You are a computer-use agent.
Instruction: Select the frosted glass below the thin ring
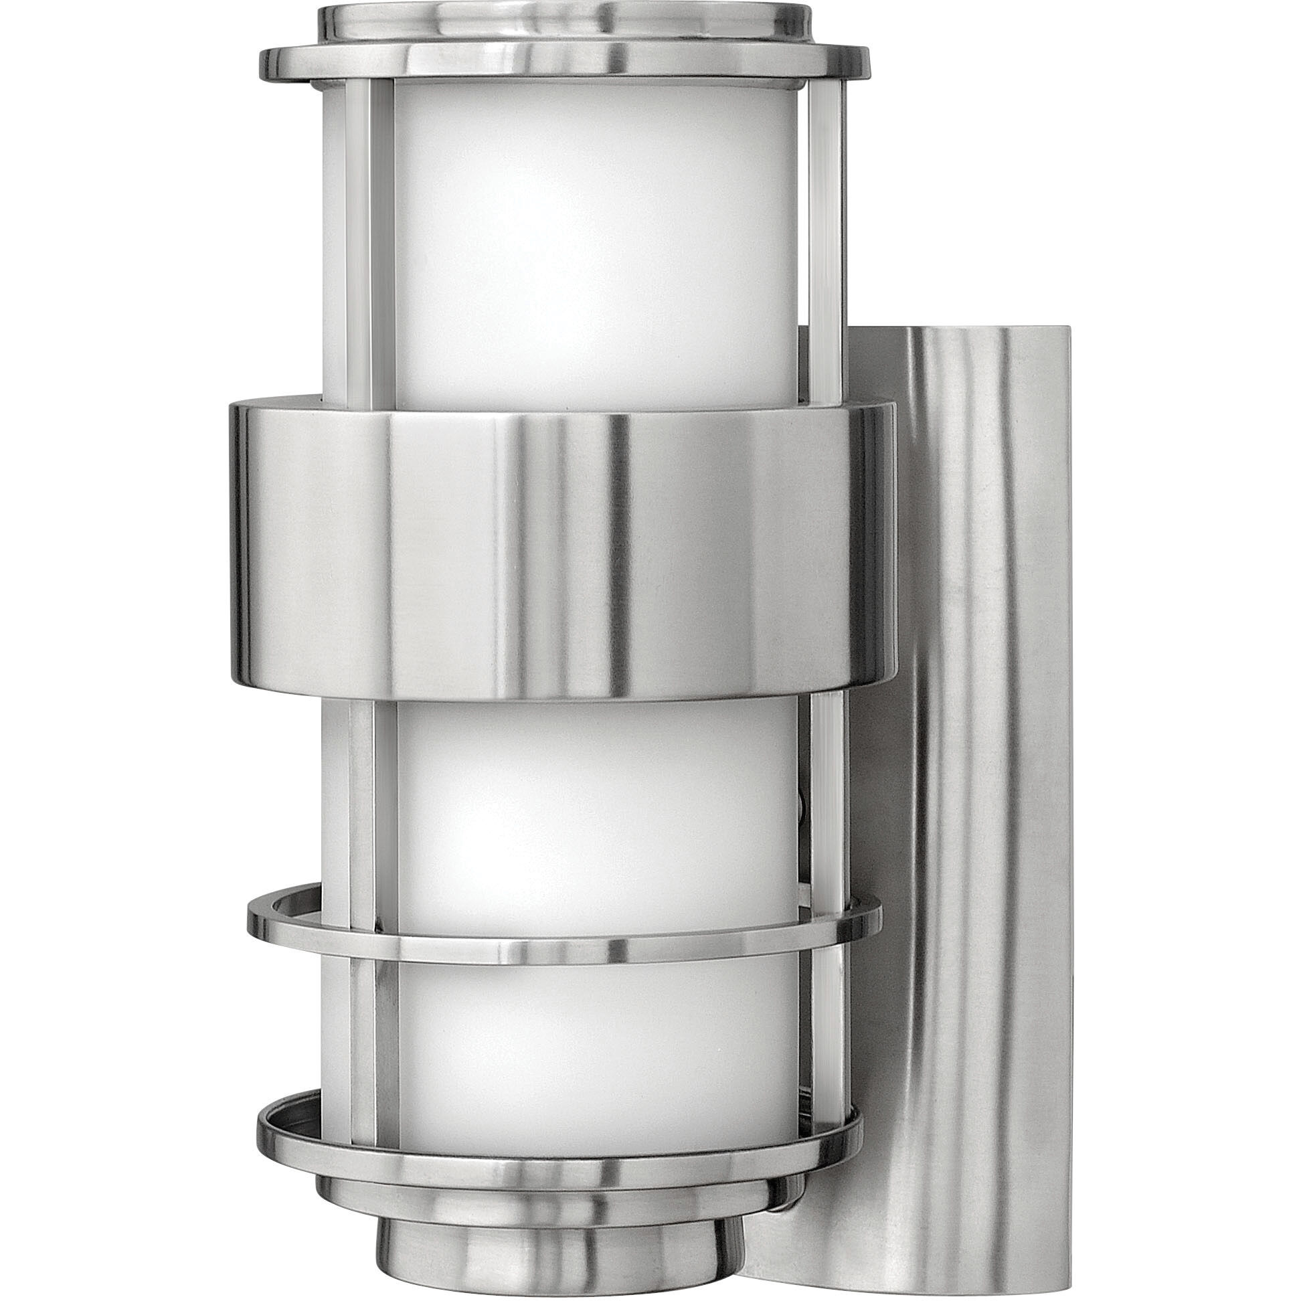(x=592, y=1037)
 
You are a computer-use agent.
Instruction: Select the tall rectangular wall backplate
(x=976, y=741)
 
